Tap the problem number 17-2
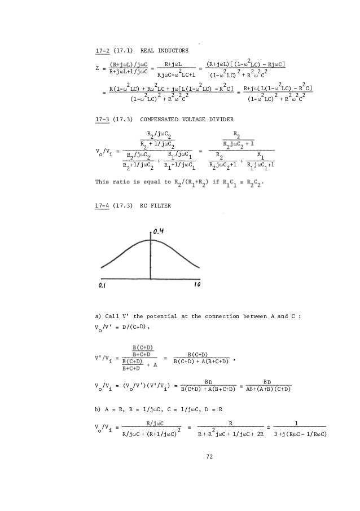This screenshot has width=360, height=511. [102, 52]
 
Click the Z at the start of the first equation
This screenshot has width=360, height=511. [97, 69]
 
